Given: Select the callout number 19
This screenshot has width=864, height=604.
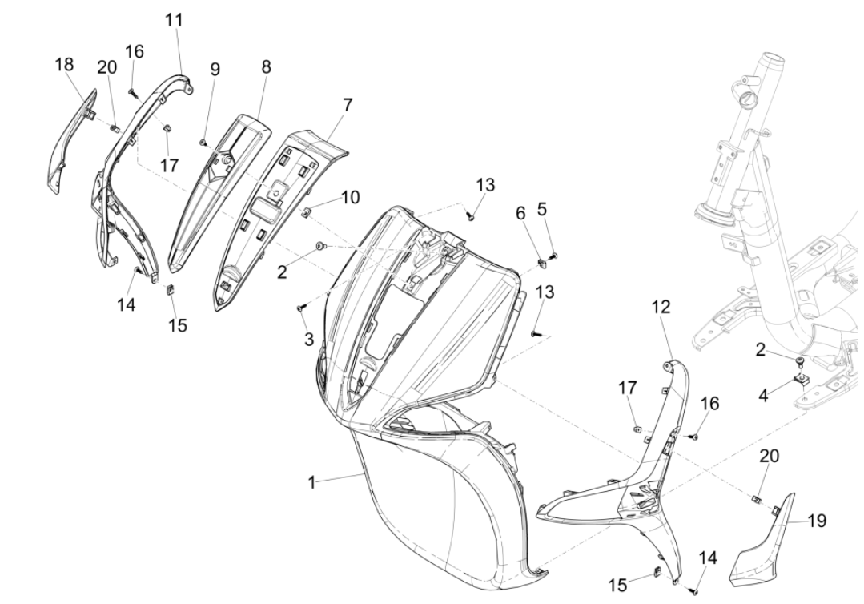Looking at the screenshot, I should tap(816, 521).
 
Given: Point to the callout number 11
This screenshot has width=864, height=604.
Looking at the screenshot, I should tap(174, 21).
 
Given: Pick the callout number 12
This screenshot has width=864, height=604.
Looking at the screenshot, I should tap(661, 307).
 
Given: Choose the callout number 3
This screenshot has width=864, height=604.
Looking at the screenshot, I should tap(309, 340).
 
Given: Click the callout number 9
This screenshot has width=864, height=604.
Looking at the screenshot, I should tap(215, 70).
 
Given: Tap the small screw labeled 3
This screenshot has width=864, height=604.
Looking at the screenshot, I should tap(301, 307).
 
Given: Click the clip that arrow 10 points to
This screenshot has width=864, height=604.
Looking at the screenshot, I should tap(306, 211).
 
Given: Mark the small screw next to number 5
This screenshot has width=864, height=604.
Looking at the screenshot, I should tap(554, 255).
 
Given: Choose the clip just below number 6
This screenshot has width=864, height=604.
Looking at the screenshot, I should tap(541, 260).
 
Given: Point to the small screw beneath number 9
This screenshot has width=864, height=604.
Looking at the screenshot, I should tap(203, 143).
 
